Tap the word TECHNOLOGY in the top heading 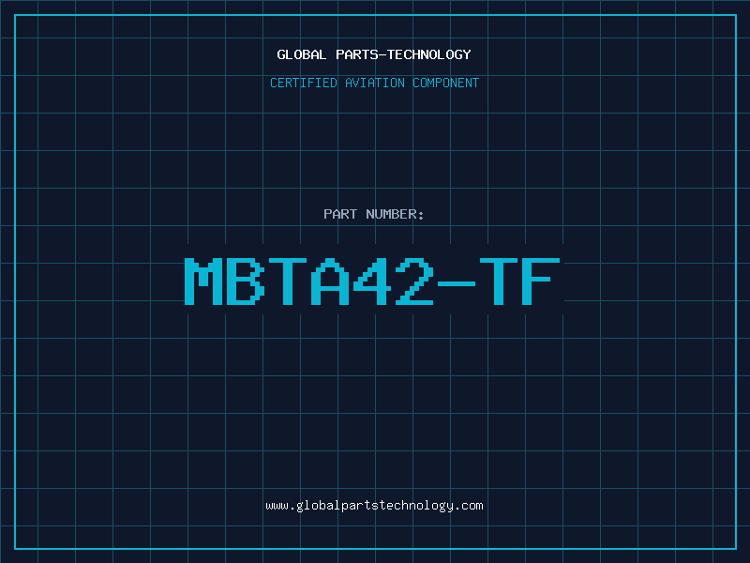coord(429,54)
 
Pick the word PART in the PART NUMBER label coord(339,214)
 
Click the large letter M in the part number coord(205,281)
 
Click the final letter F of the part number coord(543,281)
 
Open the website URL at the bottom coord(375,505)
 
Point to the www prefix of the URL coord(277,506)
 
